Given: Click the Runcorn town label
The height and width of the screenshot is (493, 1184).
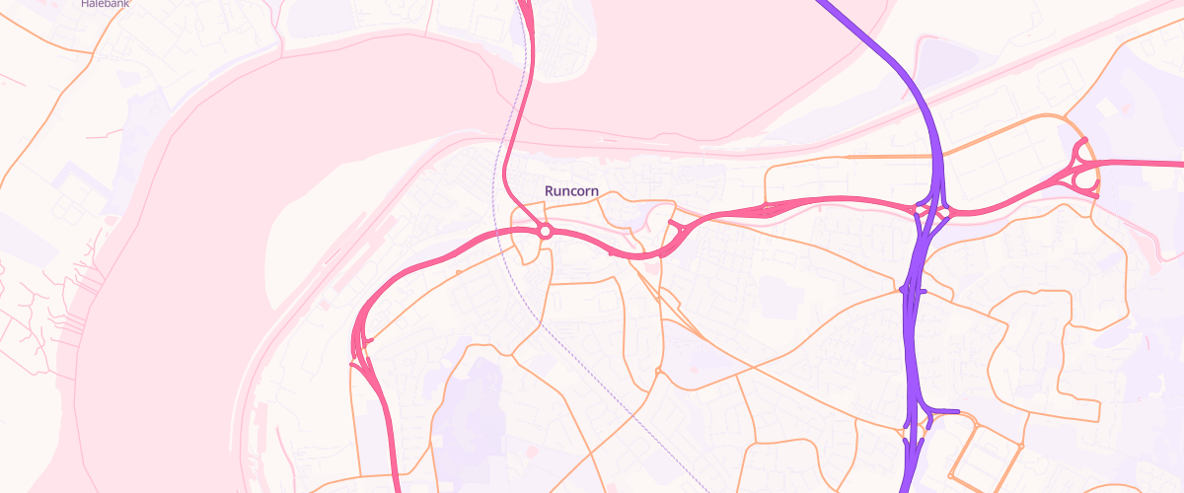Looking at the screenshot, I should (x=571, y=190).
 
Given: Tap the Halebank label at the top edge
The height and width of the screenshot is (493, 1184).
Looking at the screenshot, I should (x=105, y=4).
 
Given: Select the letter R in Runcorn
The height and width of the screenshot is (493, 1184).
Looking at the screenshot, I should (x=550, y=190).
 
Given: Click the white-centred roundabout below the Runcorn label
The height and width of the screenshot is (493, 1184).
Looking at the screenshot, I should (x=545, y=232).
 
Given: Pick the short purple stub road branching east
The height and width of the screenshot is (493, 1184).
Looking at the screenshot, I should (x=944, y=411).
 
